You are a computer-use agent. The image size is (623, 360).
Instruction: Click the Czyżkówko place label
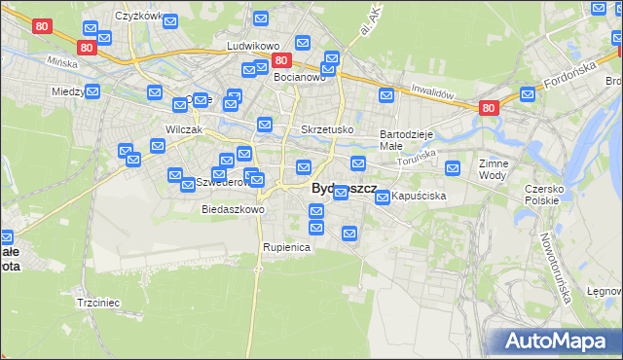pyautogui.click(x=137, y=17)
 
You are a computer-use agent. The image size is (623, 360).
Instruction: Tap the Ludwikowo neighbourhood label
pyautogui.click(x=253, y=46)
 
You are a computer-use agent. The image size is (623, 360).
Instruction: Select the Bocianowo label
pyautogui.click(x=300, y=77)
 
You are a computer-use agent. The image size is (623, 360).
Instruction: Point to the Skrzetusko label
pyautogui.click(x=327, y=129)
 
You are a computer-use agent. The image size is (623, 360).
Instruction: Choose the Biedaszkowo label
pyautogui.click(x=233, y=209)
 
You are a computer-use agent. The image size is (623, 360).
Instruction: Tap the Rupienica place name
pyautogui.click(x=286, y=247)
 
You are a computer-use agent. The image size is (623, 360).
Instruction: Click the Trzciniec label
pyautogui.click(x=97, y=303)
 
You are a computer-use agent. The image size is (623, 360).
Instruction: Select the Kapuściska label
pyautogui.click(x=420, y=196)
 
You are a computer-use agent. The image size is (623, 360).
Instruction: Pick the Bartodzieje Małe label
pyautogui.click(x=405, y=139)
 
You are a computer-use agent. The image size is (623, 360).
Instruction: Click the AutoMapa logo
pyautogui.click(x=553, y=342)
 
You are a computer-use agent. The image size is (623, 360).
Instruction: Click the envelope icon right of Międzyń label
pyautogui.click(x=92, y=92)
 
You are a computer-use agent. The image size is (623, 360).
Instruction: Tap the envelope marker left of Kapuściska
pyautogui.click(x=382, y=198)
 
